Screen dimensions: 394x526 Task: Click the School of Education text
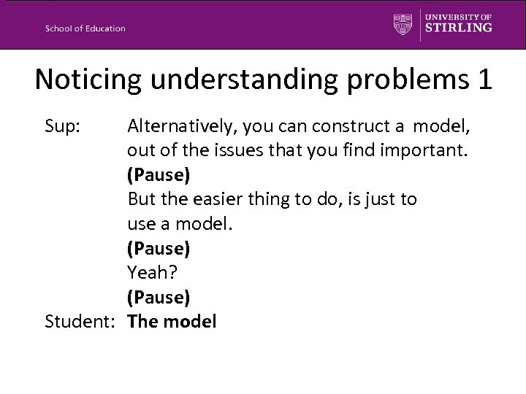point(85,28)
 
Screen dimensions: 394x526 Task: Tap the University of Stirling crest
point(403,23)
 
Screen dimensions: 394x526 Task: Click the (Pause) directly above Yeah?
point(159,248)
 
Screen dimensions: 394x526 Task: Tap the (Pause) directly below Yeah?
point(159,297)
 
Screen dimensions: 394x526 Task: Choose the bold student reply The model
point(172,321)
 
